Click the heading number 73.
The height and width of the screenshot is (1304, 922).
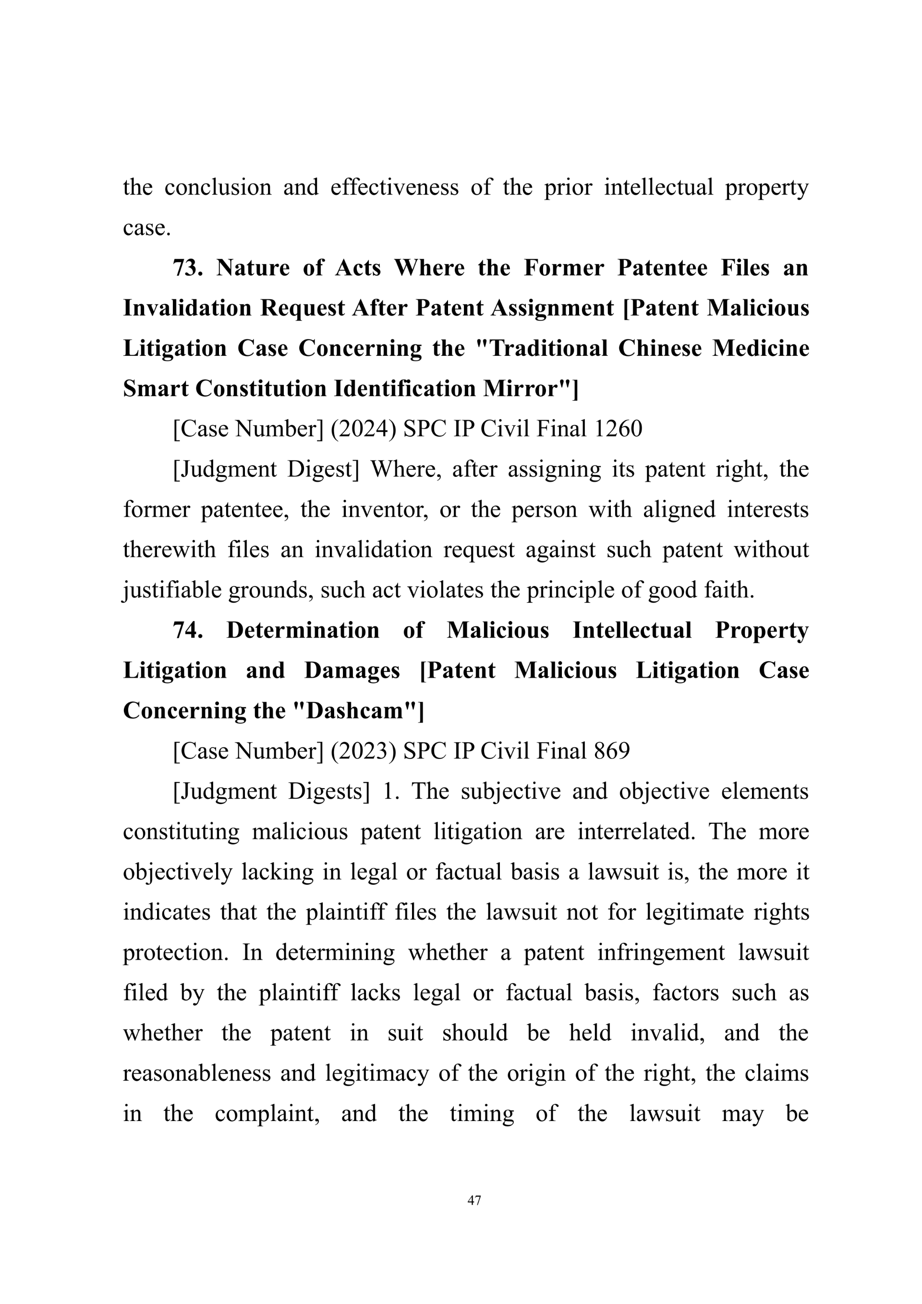click(x=188, y=268)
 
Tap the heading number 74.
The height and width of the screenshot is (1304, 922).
click(x=188, y=631)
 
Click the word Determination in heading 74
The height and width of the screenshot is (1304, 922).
click(x=303, y=631)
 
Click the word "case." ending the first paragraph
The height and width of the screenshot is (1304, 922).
click(x=147, y=228)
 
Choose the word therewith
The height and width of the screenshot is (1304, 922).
click(x=169, y=550)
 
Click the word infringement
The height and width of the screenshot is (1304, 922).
click(x=661, y=953)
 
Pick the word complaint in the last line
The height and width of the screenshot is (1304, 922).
click(x=267, y=1114)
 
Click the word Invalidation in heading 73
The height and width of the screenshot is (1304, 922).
click(x=187, y=308)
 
